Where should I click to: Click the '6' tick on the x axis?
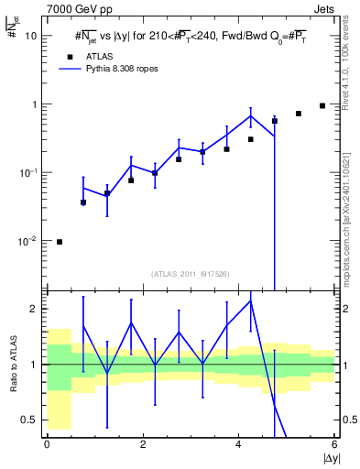pyautogui.click(x=334, y=445)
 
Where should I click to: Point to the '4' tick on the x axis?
pyautogui.click(x=238, y=445)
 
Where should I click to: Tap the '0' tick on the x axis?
pyautogui.click(x=47, y=445)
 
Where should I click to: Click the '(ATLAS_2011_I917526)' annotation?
pyautogui.click(x=190, y=274)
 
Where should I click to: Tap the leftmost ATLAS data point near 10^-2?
pyautogui.click(x=60, y=242)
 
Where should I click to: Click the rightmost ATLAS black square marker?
pyautogui.click(x=322, y=105)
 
